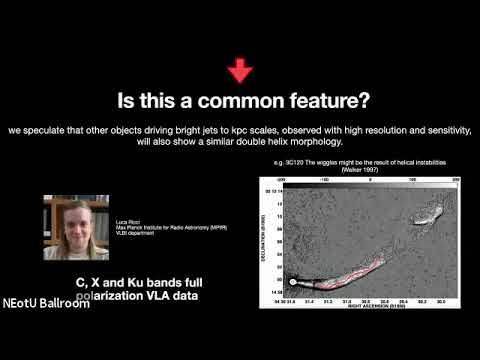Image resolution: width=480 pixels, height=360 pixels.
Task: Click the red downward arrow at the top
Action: pos(240,71)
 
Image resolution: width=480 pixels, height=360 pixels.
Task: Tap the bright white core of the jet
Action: pos(294,281)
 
